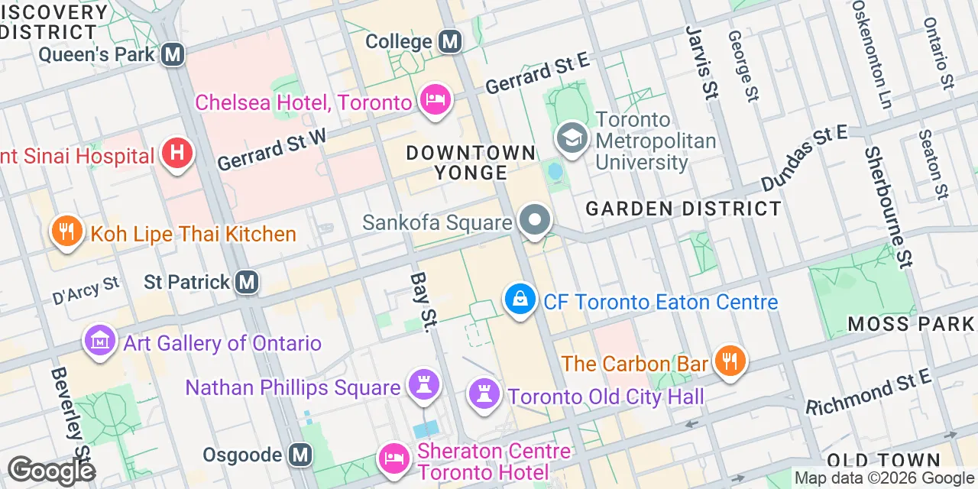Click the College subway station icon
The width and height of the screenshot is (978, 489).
[451, 41]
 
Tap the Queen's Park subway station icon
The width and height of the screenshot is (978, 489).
[174, 54]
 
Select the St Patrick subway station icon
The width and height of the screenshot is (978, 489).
[246, 282]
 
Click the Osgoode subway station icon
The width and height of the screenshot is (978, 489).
[300, 455]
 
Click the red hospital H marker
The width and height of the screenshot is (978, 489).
[177, 154]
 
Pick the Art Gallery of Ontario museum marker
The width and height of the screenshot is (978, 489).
[101, 341]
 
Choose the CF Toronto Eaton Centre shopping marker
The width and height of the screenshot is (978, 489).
[520, 300]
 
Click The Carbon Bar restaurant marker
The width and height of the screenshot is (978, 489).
[730, 361]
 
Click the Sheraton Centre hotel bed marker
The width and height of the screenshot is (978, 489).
[395, 458]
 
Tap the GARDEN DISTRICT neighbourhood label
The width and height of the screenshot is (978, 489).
[684, 209]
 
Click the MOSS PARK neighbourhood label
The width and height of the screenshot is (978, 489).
[912, 324]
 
